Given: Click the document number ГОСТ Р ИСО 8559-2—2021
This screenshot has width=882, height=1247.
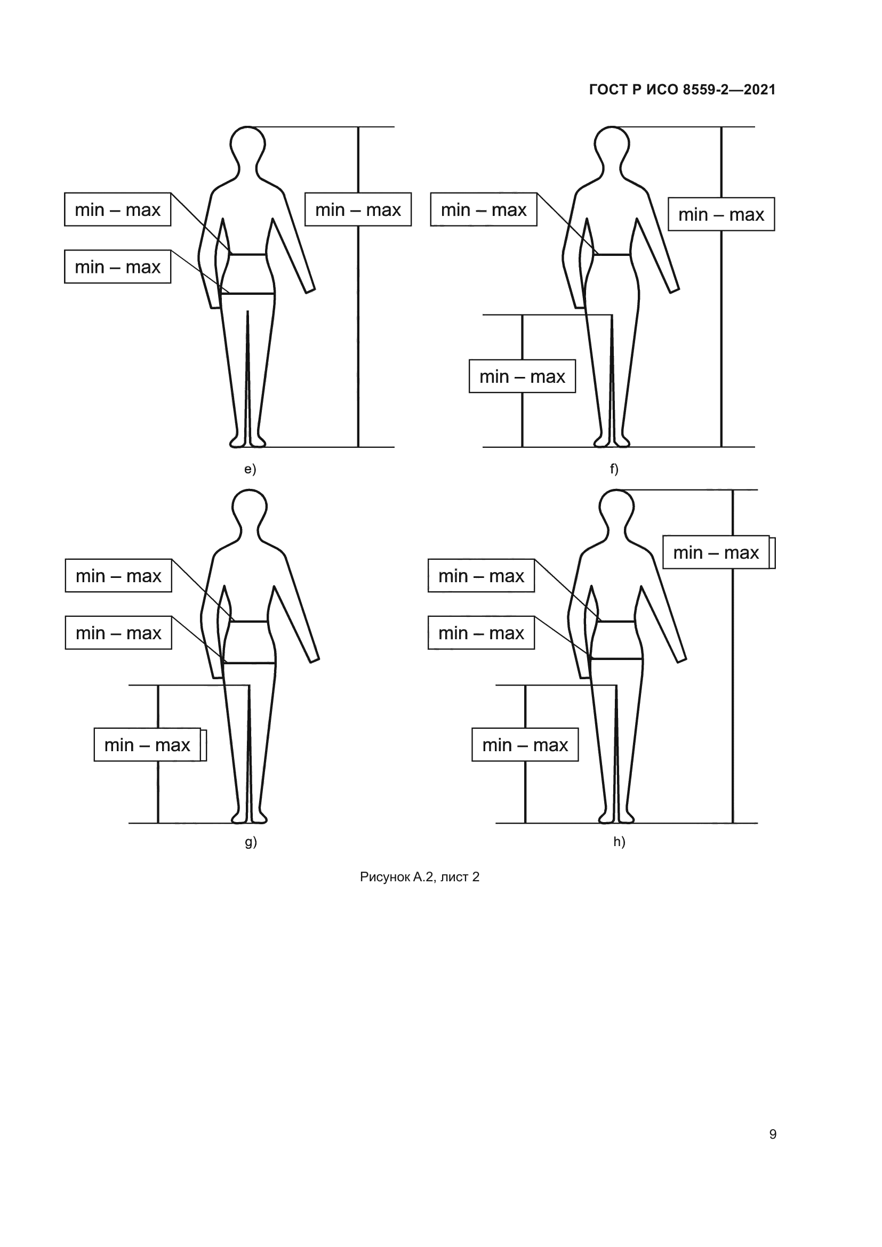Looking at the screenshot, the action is tap(682, 90).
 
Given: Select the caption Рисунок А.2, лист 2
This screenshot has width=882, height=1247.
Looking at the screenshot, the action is tap(419, 877).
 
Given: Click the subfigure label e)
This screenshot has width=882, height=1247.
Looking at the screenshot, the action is tap(250, 469).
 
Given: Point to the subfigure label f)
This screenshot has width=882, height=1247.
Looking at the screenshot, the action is tap(614, 469).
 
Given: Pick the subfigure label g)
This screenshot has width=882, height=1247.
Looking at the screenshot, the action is tap(251, 842).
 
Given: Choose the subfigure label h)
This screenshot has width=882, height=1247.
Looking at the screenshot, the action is tap(619, 842).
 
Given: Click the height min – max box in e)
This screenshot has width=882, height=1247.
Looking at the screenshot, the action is tap(358, 209).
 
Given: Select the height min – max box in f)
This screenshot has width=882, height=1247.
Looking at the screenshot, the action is tap(721, 214).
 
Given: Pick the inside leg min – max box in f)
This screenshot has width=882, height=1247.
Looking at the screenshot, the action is tap(522, 376).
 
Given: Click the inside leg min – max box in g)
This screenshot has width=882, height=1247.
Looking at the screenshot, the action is tap(147, 745).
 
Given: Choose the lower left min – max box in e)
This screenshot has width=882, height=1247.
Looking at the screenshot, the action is tap(117, 267).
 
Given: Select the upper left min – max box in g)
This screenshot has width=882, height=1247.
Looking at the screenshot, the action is tap(118, 576).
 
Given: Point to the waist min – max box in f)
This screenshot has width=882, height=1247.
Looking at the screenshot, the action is tap(483, 209).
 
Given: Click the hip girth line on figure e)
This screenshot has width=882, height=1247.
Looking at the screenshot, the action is tap(247, 294).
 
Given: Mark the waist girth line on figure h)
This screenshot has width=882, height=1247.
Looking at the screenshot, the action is tap(616, 621).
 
